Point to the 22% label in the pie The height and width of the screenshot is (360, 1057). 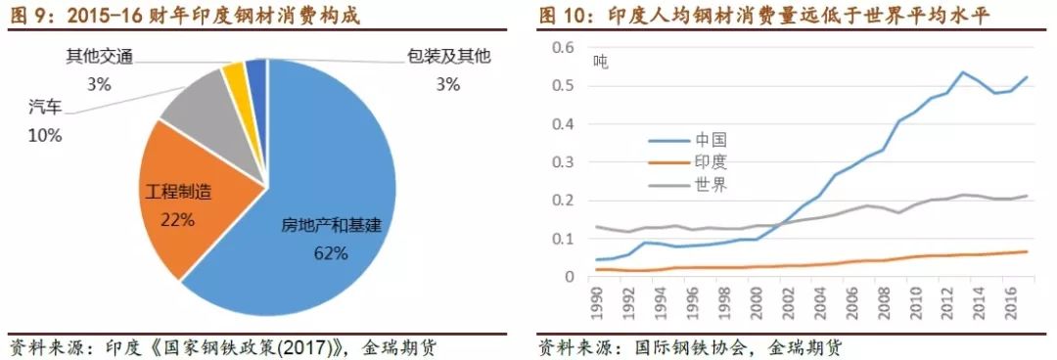click(x=178, y=220)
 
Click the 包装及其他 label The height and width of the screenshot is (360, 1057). click(x=448, y=58)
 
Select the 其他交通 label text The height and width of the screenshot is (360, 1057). click(x=99, y=58)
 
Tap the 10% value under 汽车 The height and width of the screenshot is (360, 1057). click(x=45, y=136)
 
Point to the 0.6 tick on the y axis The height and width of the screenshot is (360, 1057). click(x=563, y=48)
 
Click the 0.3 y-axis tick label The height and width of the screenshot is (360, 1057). click(x=563, y=162)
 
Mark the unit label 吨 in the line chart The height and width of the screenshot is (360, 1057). click(x=600, y=62)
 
